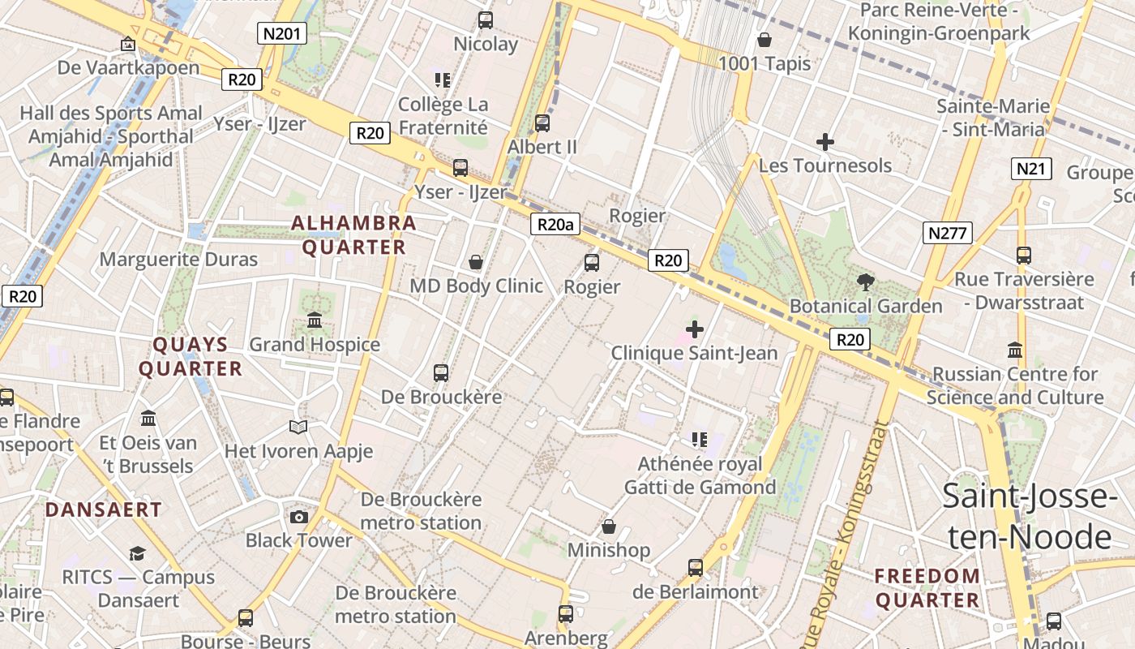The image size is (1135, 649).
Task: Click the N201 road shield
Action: coord(282,33)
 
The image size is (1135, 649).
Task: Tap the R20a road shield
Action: coord(556,225)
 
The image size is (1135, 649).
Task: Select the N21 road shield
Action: coord(1031,169)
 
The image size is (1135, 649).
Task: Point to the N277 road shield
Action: coord(947,234)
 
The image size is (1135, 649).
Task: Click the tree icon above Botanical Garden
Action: coord(866,282)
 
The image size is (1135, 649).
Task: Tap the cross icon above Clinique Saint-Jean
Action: coord(695,329)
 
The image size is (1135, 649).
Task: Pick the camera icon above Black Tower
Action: coord(299,517)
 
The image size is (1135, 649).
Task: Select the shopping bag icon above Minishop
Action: coord(609,527)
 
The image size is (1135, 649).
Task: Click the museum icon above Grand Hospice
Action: coord(315,320)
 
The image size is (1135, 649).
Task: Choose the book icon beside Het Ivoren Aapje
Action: coord(298,427)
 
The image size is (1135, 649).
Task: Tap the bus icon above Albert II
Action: coord(542,123)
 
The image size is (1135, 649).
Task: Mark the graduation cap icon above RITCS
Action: coord(137,554)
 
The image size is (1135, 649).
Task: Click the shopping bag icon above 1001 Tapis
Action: coord(765,40)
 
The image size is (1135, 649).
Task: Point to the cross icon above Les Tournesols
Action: coord(825,142)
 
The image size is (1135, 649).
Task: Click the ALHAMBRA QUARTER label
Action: coord(353,234)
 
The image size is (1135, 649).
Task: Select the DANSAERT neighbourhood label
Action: coord(104,509)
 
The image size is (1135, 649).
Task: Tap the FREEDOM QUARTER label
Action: coord(927,588)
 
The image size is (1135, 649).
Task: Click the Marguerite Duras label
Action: coord(178,260)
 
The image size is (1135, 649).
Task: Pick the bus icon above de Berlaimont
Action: coord(695,568)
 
